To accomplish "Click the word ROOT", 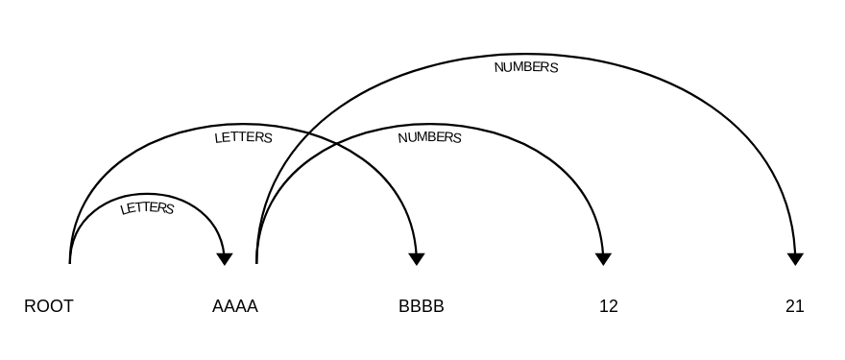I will click(49, 307).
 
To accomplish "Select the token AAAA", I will click(235, 307).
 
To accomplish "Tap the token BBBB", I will click(422, 307).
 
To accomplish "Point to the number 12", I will click(608, 307).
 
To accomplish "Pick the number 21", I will click(794, 307).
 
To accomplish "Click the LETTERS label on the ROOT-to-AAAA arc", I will click(147, 207).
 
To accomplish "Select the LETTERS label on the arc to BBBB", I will click(243, 137).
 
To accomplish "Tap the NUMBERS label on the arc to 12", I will click(429, 137).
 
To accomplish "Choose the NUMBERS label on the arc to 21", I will click(525, 68).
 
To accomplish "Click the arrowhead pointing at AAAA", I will click(225, 258).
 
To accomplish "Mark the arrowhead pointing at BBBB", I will click(417, 258).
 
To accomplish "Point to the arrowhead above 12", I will click(603, 258).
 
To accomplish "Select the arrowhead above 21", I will click(795, 258).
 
